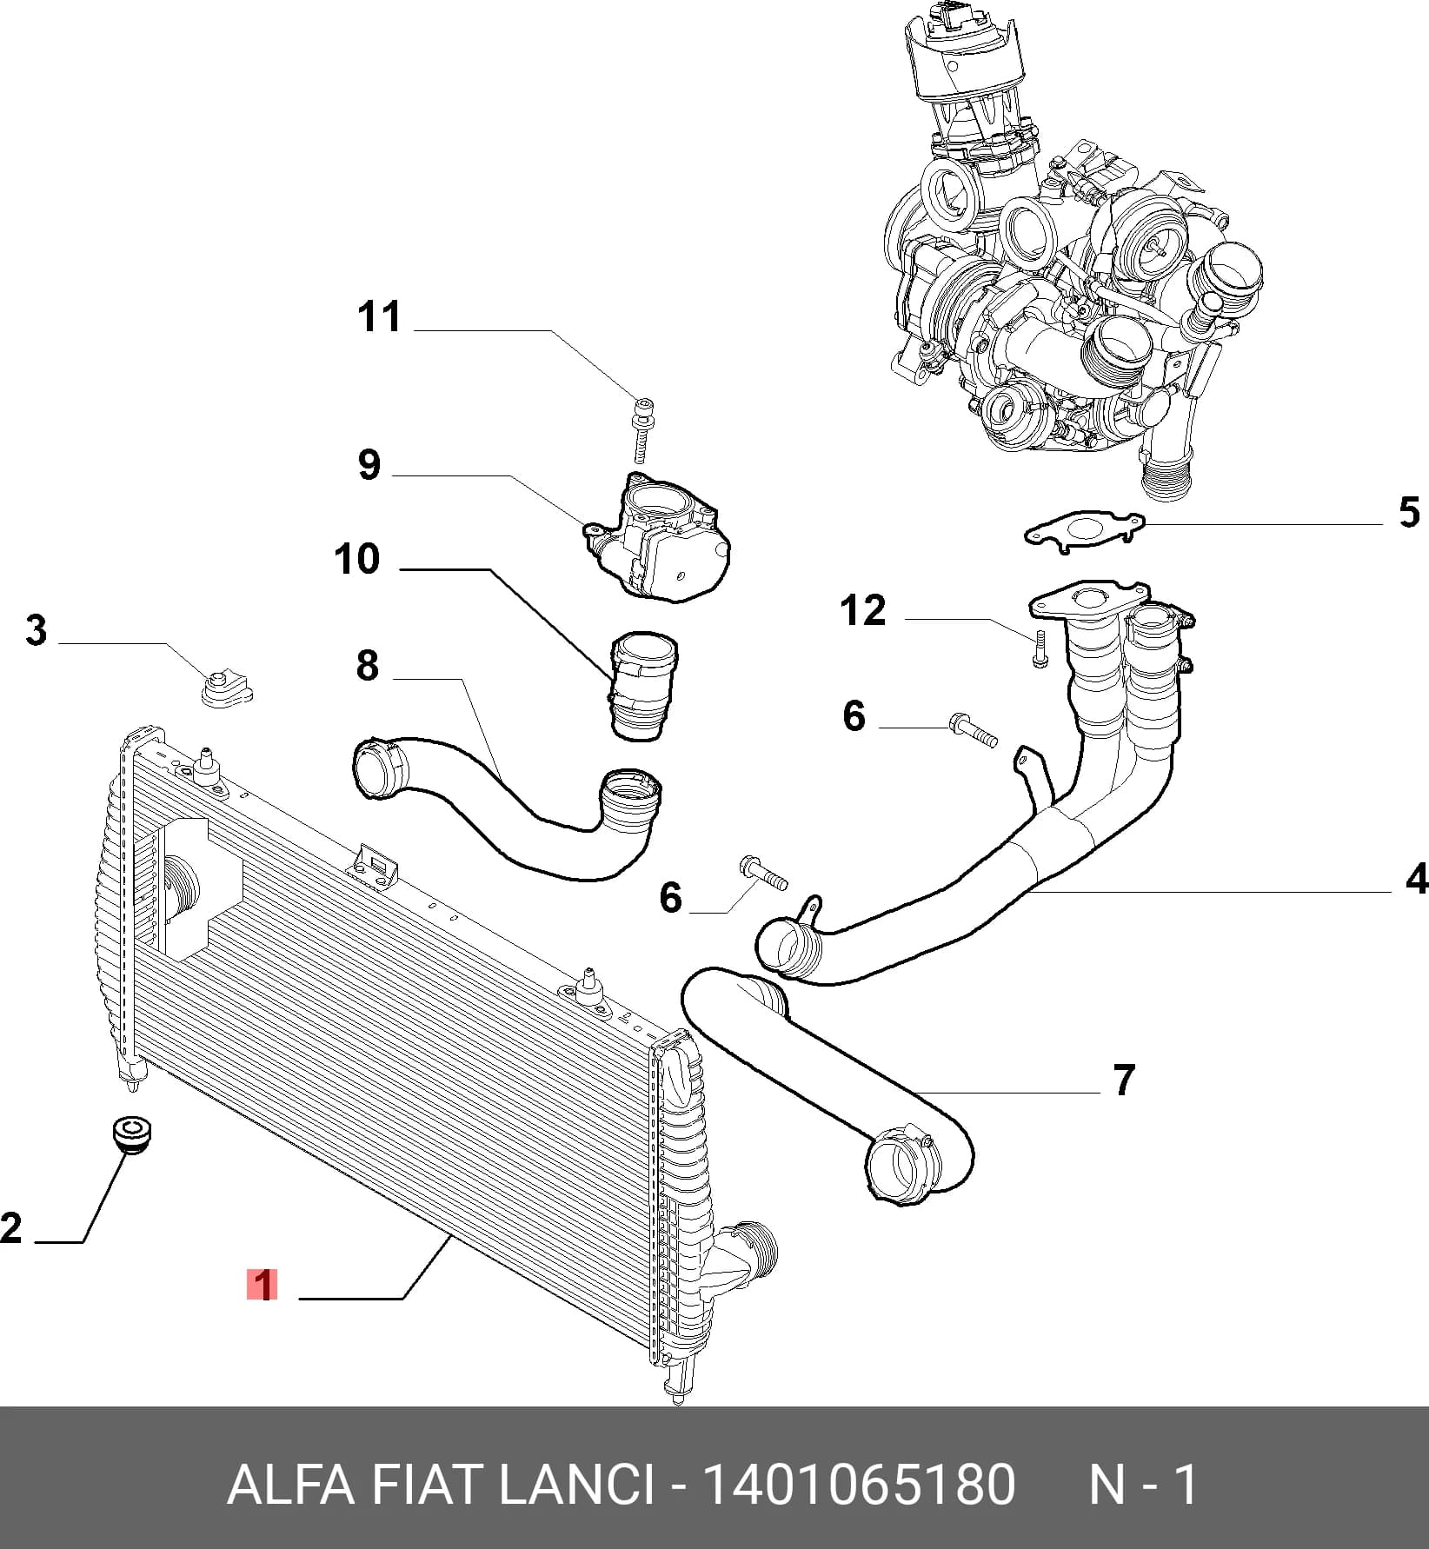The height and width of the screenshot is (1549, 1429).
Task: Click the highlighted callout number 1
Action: (x=262, y=1286)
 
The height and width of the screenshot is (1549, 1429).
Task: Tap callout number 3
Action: (x=36, y=630)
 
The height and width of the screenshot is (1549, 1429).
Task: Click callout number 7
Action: (x=1124, y=1080)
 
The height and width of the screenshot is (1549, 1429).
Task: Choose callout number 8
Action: (x=368, y=665)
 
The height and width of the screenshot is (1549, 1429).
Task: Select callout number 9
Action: (x=369, y=464)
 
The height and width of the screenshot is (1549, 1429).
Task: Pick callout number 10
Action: (x=357, y=558)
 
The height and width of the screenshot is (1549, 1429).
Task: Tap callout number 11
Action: (x=380, y=316)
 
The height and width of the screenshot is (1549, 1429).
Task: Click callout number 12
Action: (x=863, y=610)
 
